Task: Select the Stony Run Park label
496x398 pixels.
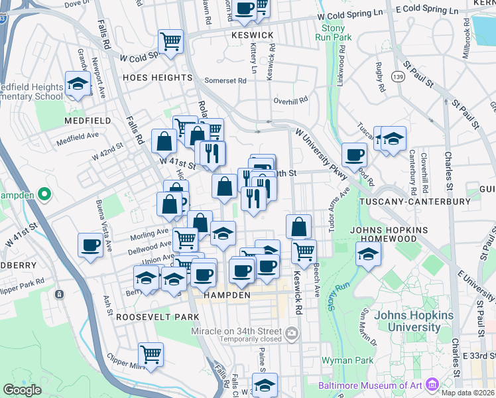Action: point(336,33)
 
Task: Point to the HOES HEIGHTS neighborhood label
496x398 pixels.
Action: point(156,78)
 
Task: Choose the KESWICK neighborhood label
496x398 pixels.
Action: point(253,35)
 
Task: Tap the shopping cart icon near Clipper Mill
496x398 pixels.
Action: point(151,354)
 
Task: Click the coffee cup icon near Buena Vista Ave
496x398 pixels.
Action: point(90,245)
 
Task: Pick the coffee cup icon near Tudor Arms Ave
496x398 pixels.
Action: point(354,154)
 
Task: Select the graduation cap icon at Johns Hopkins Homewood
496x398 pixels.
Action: point(368,253)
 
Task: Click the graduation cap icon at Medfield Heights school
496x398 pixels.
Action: point(78,84)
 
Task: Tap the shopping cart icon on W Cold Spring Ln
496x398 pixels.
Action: point(170,41)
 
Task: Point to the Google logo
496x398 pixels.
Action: point(23,390)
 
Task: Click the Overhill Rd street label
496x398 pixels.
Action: point(291,101)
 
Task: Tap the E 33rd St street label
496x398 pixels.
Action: point(479,356)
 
